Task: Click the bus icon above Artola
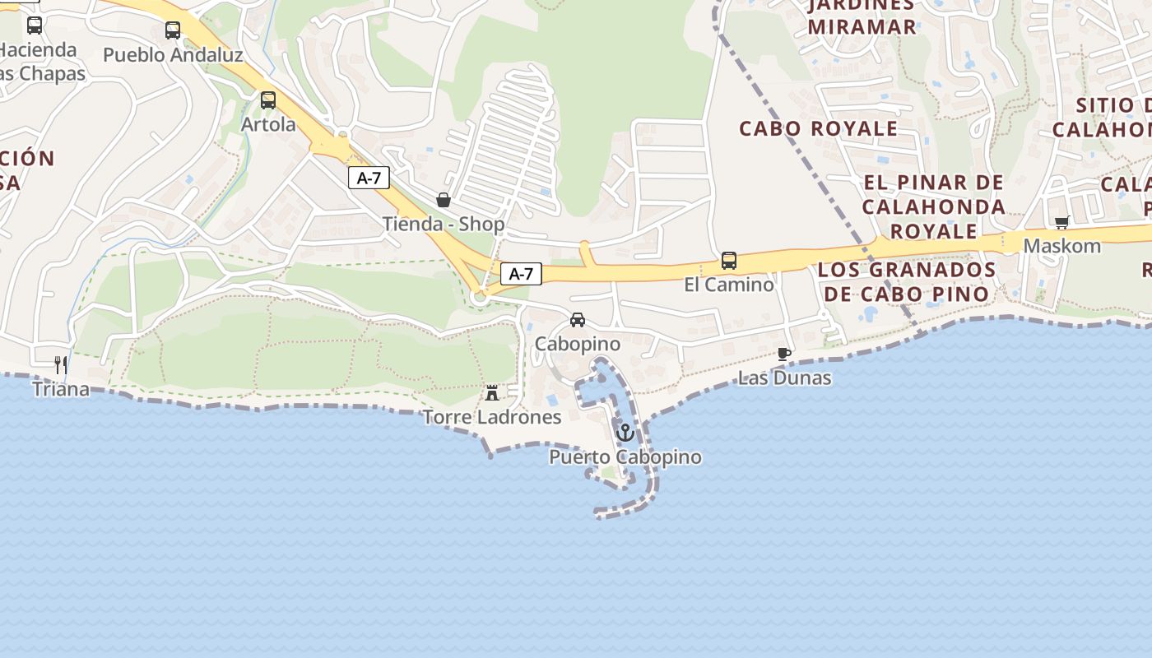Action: (x=268, y=100)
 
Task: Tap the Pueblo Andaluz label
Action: (x=173, y=55)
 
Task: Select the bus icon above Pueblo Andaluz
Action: (x=173, y=30)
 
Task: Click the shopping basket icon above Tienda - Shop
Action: (x=444, y=200)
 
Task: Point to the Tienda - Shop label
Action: (x=444, y=224)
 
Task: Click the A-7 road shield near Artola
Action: (x=369, y=178)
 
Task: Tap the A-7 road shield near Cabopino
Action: (x=521, y=274)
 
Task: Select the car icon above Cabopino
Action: (x=578, y=320)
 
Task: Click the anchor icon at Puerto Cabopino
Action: (x=625, y=432)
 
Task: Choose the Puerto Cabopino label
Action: (x=625, y=457)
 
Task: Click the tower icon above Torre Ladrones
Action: (x=492, y=393)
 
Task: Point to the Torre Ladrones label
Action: (x=492, y=417)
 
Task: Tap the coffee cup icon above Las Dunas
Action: (x=784, y=354)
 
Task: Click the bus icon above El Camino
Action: (x=729, y=261)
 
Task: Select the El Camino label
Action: (x=729, y=285)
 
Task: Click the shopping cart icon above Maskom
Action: (x=1061, y=222)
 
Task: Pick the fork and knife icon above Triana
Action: (x=60, y=364)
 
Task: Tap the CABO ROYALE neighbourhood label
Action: (x=818, y=128)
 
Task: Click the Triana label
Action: (x=61, y=389)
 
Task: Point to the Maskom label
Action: (x=1061, y=246)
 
